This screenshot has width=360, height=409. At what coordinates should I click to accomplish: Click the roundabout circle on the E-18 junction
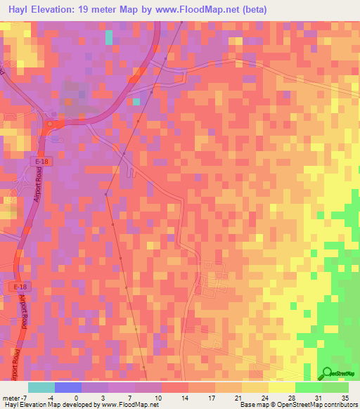point(50,124)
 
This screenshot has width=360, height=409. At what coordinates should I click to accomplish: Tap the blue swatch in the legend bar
point(68,387)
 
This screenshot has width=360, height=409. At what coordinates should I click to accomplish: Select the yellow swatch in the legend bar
point(281,387)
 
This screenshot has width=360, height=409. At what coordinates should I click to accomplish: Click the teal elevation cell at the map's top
point(108,37)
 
